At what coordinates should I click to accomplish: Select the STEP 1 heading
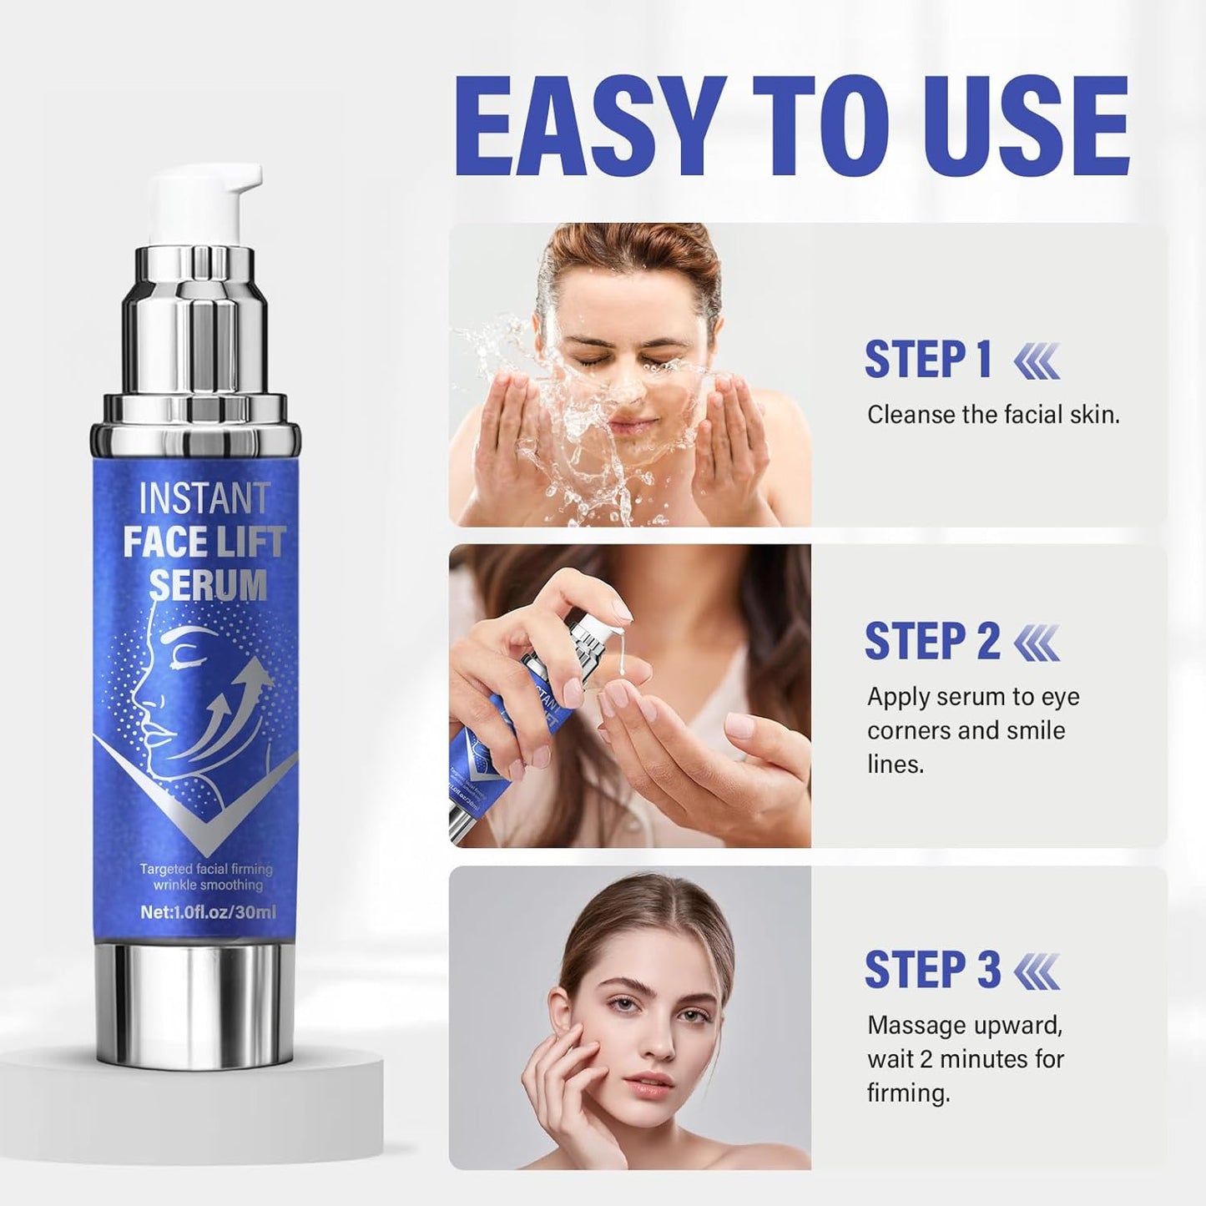pyautogui.click(x=928, y=360)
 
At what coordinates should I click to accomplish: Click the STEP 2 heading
pyautogui.click(x=931, y=641)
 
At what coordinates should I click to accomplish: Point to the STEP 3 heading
pyautogui.click(x=931, y=970)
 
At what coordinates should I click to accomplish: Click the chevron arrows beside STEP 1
pyautogui.click(x=1037, y=362)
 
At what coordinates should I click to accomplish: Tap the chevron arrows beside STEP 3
pyautogui.click(x=1037, y=971)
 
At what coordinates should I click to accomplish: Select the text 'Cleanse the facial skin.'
pyautogui.click(x=993, y=415)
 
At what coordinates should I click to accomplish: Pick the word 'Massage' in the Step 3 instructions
pyautogui.click(x=915, y=1025)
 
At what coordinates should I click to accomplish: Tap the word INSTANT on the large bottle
pyautogui.click(x=204, y=499)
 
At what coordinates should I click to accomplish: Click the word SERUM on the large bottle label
pyautogui.click(x=208, y=584)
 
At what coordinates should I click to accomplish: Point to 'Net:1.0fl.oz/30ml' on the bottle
pyautogui.click(x=208, y=912)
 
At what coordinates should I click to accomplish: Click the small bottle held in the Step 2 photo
pyautogui.click(x=534, y=709)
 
